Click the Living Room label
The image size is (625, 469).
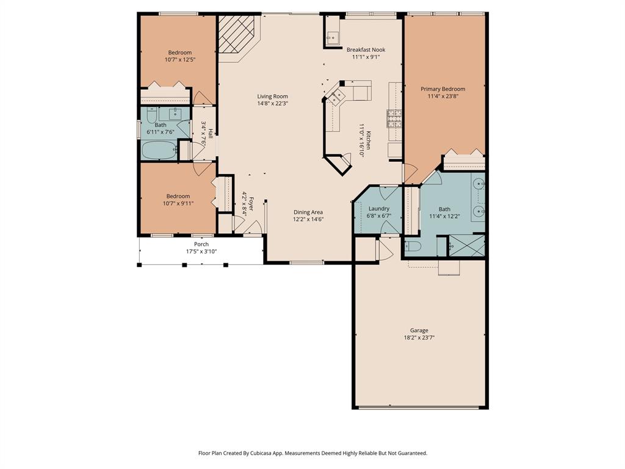coord(273,96)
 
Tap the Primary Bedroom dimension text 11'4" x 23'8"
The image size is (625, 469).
coord(443,96)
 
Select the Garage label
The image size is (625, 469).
coord(419,330)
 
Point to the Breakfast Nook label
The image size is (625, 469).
coord(366,49)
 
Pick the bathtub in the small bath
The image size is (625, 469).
coord(159,150)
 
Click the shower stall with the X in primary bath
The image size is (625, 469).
coord(467,245)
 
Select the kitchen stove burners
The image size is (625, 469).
coord(394,118)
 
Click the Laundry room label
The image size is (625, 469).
coord(378,209)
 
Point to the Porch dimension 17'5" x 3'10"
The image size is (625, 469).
coord(201,251)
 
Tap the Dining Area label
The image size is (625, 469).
coord(308,212)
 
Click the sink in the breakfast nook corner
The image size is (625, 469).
coord(332,38)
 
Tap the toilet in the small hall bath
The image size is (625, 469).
coord(151,115)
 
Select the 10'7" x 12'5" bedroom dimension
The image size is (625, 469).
coord(180,59)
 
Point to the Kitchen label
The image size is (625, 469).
coord(369,140)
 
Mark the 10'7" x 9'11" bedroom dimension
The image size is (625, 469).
coord(178,203)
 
